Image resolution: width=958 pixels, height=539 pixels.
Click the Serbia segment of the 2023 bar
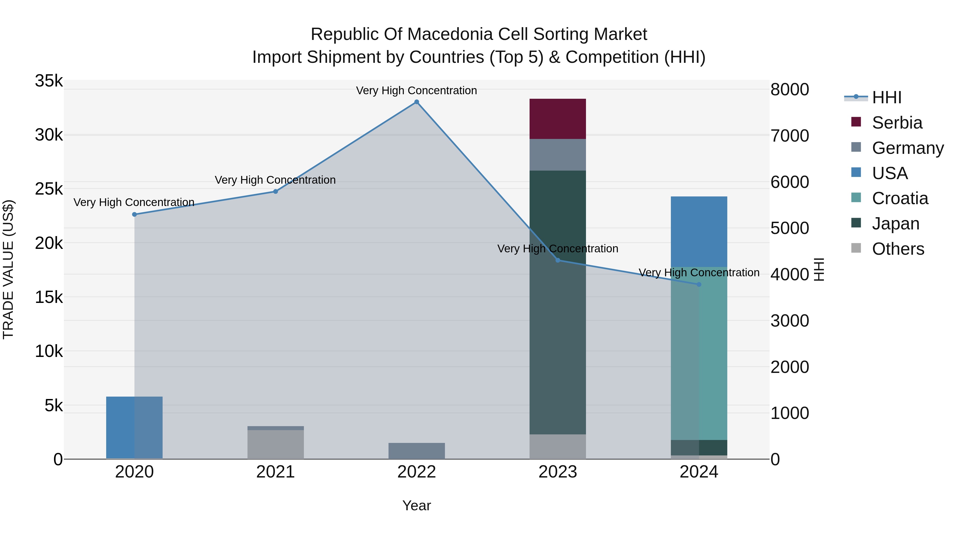click(558, 119)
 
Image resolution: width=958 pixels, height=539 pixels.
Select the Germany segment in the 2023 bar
click(558, 155)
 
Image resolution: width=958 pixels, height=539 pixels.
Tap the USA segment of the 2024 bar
click(699, 231)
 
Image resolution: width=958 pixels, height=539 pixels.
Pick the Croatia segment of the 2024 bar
click(699, 353)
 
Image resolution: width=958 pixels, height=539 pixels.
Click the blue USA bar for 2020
click(134, 427)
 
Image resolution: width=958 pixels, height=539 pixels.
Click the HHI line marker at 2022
click(416, 102)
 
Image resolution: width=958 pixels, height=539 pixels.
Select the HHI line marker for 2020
click(135, 214)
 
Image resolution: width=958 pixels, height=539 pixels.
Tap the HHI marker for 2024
click(699, 284)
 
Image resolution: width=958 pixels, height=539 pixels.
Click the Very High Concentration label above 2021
click(275, 180)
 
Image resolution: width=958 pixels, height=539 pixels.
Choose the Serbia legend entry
click(897, 123)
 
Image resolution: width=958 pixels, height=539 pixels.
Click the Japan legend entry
click(895, 224)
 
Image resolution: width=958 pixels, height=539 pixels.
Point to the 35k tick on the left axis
click(49, 81)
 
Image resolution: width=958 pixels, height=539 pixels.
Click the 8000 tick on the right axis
click(790, 90)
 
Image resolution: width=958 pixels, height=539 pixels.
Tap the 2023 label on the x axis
click(558, 472)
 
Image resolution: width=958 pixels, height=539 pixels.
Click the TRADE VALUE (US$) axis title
click(9, 269)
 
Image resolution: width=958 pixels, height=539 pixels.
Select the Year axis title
click(416, 505)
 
